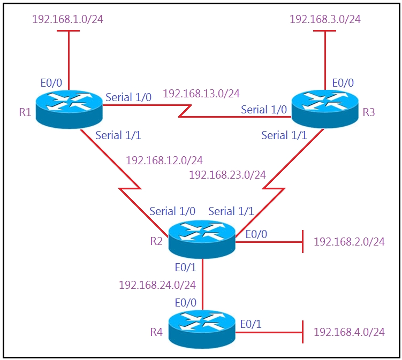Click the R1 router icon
pyautogui.click(x=69, y=109)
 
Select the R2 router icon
pyautogui.click(x=202, y=239)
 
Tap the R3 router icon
pyautogui.click(x=325, y=109)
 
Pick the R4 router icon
pyautogui.click(x=202, y=330)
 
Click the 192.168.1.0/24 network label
pyautogui.click(x=67, y=19)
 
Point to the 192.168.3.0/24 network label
pyautogui.click(x=325, y=19)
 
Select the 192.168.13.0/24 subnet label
pyautogui.click(x=201, y=94)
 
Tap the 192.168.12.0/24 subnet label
pyautogui.click(x=164, y=160)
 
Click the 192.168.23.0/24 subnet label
pyautogui.click(x=227, y=175)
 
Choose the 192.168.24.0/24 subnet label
pyautogui.click(x=157, y=285)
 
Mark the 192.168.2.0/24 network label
pyautogui.click(x=349, y=242)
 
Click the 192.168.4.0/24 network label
pyautogui.click(x=349, y=332)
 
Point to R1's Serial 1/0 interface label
pyautogui.click(x=128, y=97)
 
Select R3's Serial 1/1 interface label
pyautogui.click(x=284, y=135)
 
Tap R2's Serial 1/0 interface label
pyautogui.click(x=172, y=211)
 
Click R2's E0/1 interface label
pyautogui.click(x=186, y=267)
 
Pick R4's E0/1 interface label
pyautogui.click(x=251, y=324)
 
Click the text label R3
pyautogui.click(x=369, y=112)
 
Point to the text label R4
pyautogui.click(x=156, y=332)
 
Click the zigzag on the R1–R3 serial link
pyautogui.click(x=185, y=111)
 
